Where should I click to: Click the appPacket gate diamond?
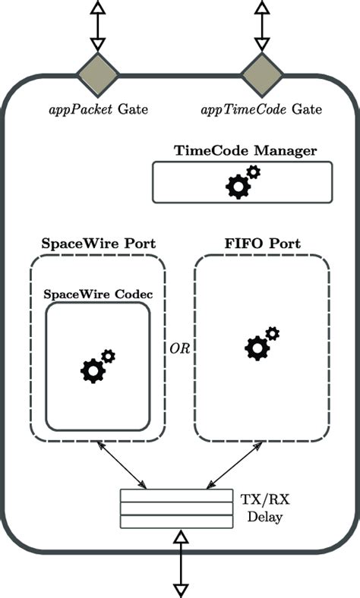(98, 75)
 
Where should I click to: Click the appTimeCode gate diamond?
(262, 75)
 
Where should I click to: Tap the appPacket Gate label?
(98, 109)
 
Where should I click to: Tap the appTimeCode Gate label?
(261, 109)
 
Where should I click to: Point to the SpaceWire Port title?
(98, 244)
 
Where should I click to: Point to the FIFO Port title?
(262, 244)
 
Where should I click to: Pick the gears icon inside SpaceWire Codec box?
(97, 366)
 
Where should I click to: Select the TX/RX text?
(265, 501)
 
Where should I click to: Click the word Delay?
(265, 518)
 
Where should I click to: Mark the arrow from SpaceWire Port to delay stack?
(122, 467)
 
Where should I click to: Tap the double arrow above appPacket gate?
(98, 27)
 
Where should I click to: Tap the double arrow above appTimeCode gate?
(262, 27)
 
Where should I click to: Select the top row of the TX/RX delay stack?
(176, 496)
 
